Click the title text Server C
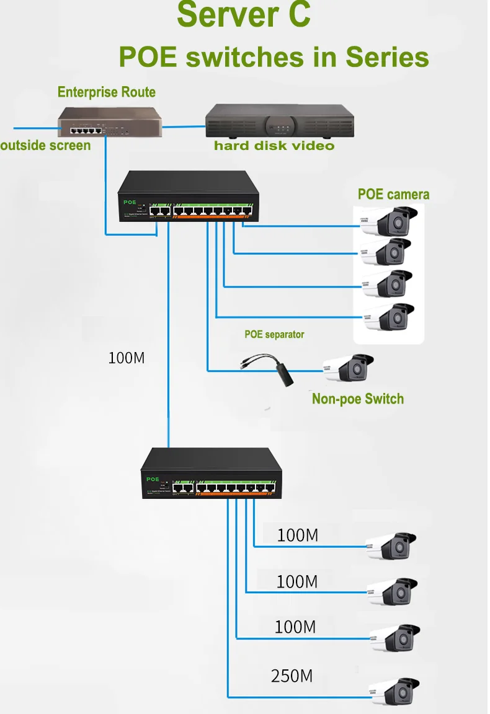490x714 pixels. pyautogui.click(x=243, y=15)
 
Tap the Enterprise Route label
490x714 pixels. pyautogui.click(x=106, y=92)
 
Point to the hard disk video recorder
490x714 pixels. pyautogui.click(x=279, y=121)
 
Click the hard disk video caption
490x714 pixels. pyautogui.click(x=274, y=146)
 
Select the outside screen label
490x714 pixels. pyautogui.click(x=45, y=146)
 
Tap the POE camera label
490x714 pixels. pyautogui.click(x=393, y=194)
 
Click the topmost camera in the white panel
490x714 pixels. pyautogui.click(x=390, y=221)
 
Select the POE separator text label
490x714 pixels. pyautogui.click(x=274, y=335)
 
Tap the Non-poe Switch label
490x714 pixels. pyautogui.click(x=357, y=399)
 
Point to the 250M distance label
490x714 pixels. pyautogui.click(x=292, y=676)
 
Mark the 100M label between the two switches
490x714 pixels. pyautogui.click(x=127, y=358)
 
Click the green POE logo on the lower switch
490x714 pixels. pyautogui.click(x=153, y=479)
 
